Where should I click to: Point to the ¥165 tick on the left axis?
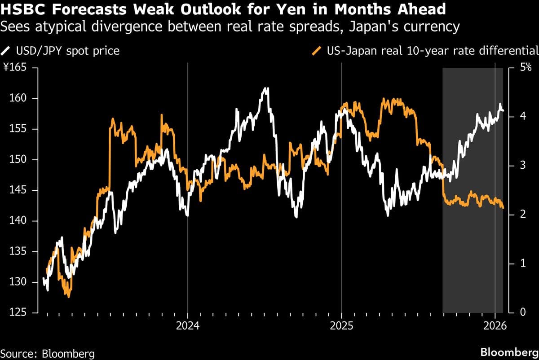pyautogui.click(x=15, y=68)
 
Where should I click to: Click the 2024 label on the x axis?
pyautogui.click(x=188, y=327)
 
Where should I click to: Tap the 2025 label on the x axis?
pyautogui.click(x=341, y=327)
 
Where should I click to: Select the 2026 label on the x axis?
pyautogui.click(x=495, y=327)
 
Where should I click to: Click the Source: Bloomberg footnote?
pyautogui.click(x=48, y=353)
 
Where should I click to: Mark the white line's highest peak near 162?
pyautogui.click(x=267, y=88)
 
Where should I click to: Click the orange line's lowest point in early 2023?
pyautogui.click(x=68, y=296)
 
